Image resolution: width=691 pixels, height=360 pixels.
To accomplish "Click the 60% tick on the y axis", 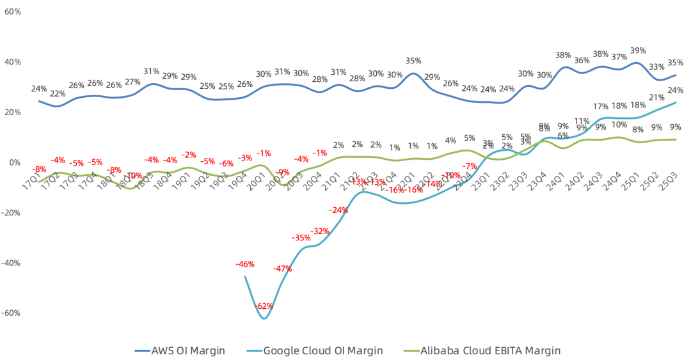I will (13, 12).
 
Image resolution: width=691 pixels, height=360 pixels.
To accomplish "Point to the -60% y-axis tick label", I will (11, 313).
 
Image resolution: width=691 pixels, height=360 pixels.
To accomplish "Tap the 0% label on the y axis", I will (15, 162).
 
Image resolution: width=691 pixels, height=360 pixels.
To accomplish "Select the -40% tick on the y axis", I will (11, 263).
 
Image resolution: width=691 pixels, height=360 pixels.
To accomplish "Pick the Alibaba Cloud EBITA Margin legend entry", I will (483, 350).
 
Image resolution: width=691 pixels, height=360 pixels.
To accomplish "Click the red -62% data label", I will (264, 306).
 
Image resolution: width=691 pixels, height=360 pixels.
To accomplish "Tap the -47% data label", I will (282, 269).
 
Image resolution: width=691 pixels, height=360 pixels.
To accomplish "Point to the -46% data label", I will (245, 263).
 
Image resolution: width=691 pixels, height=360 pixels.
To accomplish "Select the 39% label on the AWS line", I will (638, 51).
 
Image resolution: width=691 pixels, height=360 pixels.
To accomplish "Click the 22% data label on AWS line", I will (58, 94).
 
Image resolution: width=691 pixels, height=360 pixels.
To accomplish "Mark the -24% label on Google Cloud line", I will (338, 210).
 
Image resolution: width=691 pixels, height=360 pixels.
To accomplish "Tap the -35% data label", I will (301, 238).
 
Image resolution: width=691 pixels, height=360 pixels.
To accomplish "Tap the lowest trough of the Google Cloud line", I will (264, 318).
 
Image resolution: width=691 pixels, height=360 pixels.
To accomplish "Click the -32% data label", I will (319, 231).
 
